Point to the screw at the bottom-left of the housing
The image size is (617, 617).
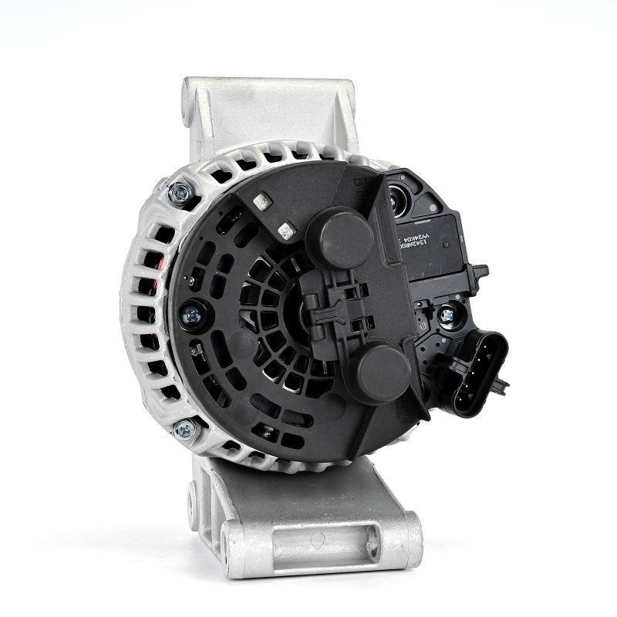[183, 429]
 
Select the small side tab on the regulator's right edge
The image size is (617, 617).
[479, 271]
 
